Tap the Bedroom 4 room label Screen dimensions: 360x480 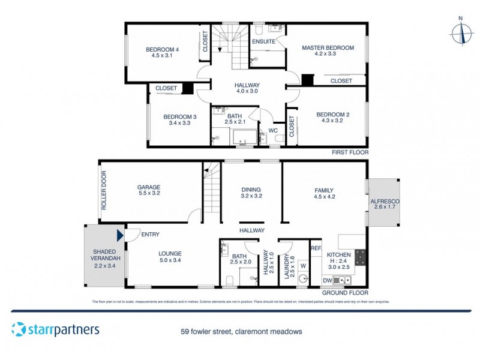162,49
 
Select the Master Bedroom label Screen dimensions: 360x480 328,47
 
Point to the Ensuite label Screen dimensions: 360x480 263,42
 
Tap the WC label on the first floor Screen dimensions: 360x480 273,130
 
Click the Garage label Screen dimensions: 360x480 149,187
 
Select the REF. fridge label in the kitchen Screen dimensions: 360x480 316,248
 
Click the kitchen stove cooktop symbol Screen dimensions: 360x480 360,257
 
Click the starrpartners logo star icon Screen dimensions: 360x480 19,329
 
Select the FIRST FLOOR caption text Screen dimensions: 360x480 350,153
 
